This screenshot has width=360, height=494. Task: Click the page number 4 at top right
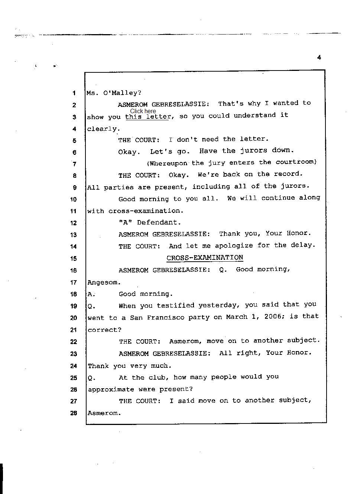click(319, 57)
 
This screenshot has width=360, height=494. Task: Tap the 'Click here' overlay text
click(143, 111)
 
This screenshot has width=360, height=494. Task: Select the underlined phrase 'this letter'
click(148, 117)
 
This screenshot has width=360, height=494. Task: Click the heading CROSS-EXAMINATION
click(205, 258)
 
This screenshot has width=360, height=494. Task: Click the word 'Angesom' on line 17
click(103, 282)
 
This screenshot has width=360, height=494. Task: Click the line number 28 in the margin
click(74, 413)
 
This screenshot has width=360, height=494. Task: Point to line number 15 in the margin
click(74, 258)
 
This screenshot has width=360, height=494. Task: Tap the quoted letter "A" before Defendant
click(124, 222)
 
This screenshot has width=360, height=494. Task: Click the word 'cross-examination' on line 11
click(145, 211)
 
